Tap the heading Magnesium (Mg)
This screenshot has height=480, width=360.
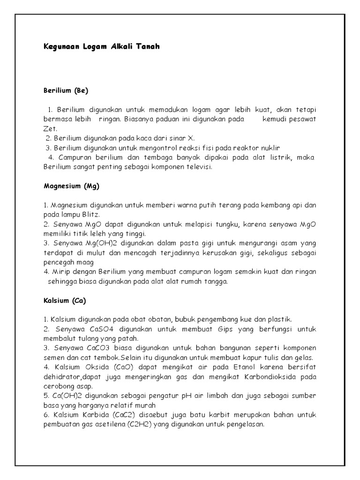tap(72, 186)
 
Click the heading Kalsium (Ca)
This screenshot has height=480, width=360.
tap(65, 300)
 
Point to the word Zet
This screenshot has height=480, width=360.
tap(49, 128)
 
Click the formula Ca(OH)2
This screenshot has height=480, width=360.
tap(63, 396)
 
